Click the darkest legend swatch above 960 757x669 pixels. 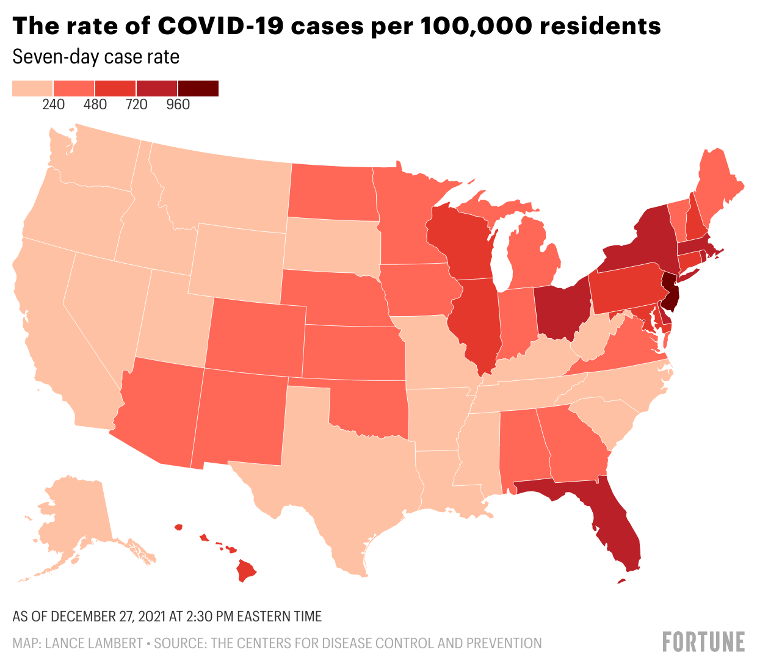pyautogui.click(x=198, y=89)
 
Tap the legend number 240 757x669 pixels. pyautogui.click(x=54, y=104)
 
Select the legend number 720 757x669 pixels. pyautogui.click(x=136, y=104)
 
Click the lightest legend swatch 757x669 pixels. pyautogui.click(x=33, y=89)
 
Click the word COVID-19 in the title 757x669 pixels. pyautogui.click(x=219, y=26)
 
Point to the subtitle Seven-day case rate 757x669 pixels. pyautogui.click(x=96, y=57)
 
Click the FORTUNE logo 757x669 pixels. pyautogui.click(x=703, y=642)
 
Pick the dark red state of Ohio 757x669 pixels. pyautogui.click(x=562, y=308)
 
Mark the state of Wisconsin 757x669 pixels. pyautogui.click(x=461, y=244)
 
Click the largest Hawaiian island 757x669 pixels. pyautogui.click(x=245, y=571)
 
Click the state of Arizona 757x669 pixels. pyautogui.click(x=162, y=412)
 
